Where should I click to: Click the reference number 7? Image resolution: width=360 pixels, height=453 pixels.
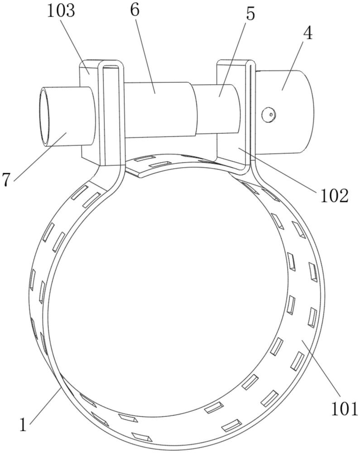click(6, 180)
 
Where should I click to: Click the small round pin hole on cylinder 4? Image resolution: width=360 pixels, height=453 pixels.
click(270, 115)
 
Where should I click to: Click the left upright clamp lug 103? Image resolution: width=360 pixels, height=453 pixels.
click(89, 111)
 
